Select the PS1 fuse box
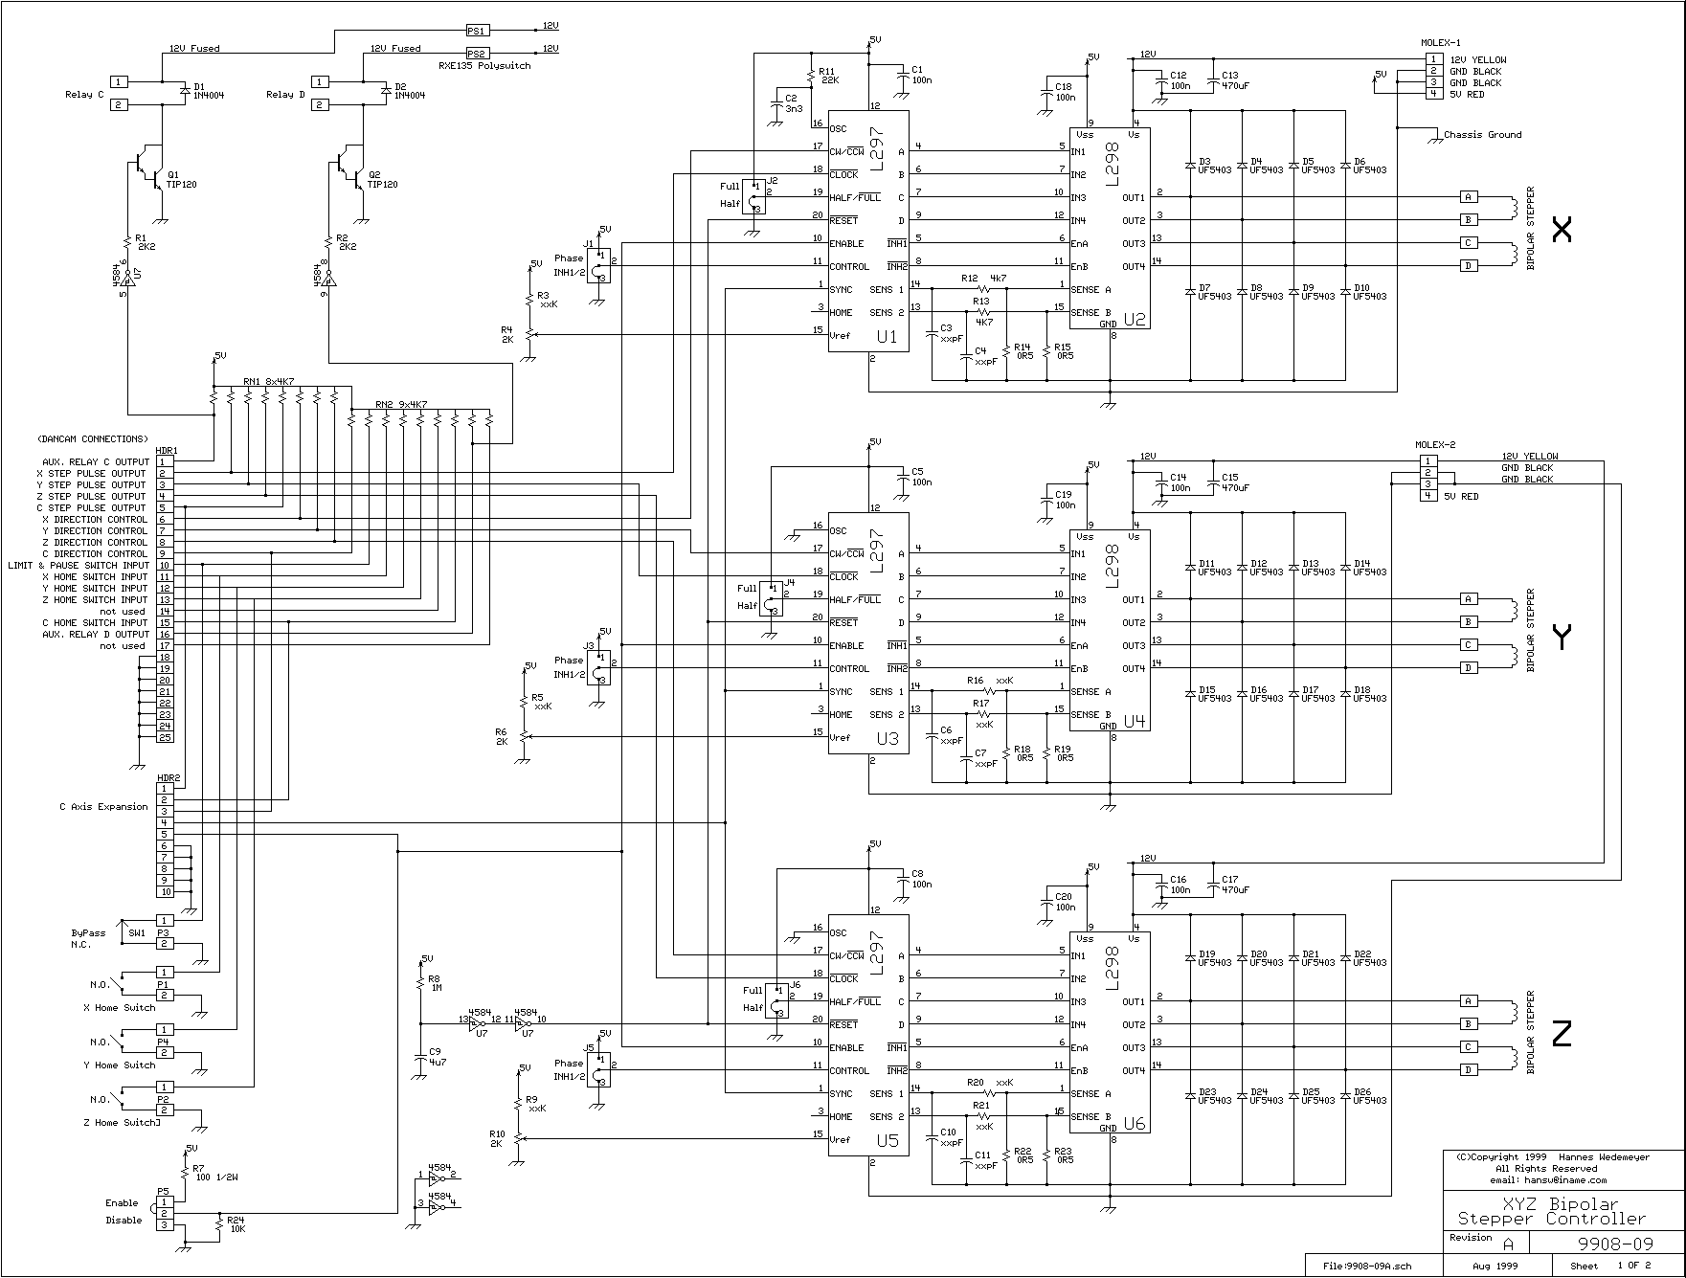pyautogui.click(x=477, y=31)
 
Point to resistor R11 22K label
pyautogui.click(x=828, y=76)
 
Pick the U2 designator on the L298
pyautogui.click(x=1135, y=321)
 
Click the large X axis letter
pyautogui.click(x=1562, y=230)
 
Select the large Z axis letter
pyautogui.click(x=1562, y=1034)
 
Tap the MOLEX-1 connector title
pyautogui.click(x=1441, y=43)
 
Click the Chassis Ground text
pyautogui.click(x=1482, y=135)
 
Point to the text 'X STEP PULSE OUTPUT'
pyautogui.click(x=91, y=474)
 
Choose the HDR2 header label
pyautogui.click(x=167, y=777)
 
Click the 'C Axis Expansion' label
pyautogui.click(x=103, y=807)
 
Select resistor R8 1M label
pyautogui.click(x=435, y=983)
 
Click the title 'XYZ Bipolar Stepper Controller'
pyautogui.click(x=1551, y=1212)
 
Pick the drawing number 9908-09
pyautogui.click(x=1614, y=1244)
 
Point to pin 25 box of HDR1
pyautogui.click(x=165, y=738)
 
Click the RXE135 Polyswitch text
pyautogui.click(x=484, y=66)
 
